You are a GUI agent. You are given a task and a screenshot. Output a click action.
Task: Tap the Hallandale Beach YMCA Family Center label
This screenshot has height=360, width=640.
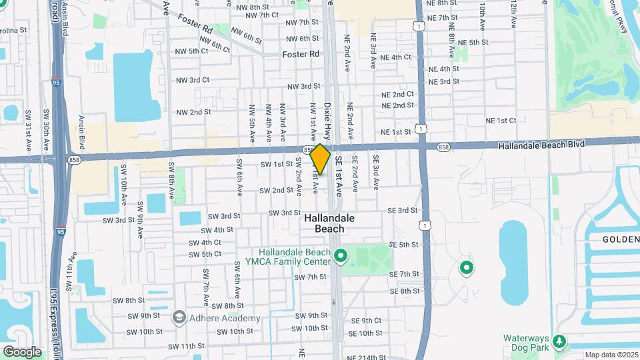295,257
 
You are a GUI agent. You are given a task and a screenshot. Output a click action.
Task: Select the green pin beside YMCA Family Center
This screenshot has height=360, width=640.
341,255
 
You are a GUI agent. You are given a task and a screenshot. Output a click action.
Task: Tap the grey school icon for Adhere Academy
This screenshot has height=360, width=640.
179,317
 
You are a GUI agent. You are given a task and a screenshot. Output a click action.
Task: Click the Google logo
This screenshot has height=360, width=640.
22,351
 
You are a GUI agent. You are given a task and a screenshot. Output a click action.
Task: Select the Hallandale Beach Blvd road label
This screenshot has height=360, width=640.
545,144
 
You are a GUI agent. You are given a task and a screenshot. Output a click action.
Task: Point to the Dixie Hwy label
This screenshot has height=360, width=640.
327,121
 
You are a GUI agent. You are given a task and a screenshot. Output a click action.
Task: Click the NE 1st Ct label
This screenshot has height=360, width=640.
501,121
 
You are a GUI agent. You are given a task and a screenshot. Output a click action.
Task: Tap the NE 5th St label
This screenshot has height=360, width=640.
474,42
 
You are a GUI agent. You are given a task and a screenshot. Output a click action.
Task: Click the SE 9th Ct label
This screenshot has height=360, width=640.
366,321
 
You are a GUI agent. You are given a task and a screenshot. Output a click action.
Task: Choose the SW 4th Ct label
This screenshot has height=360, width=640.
205,243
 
